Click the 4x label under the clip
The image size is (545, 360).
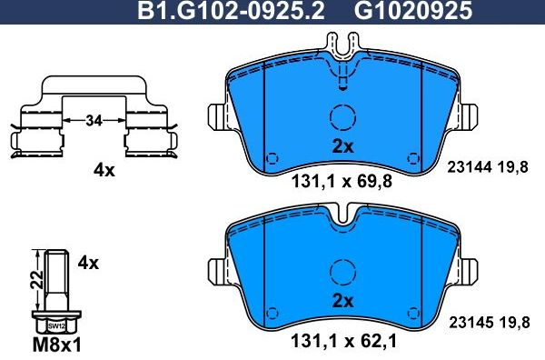pos(104,170)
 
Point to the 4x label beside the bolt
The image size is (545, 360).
pos(88,263)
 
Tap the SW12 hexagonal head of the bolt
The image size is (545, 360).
pos(55,324)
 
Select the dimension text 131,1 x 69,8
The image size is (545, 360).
pos(341,181)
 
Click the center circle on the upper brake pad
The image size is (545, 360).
pos(342,117)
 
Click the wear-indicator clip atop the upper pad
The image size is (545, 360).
pos(342,55)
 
